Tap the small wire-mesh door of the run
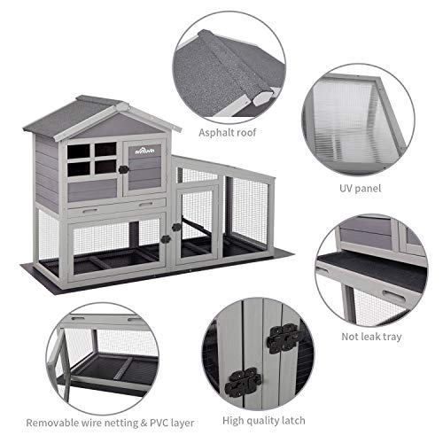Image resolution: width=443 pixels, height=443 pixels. coord(197,223)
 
